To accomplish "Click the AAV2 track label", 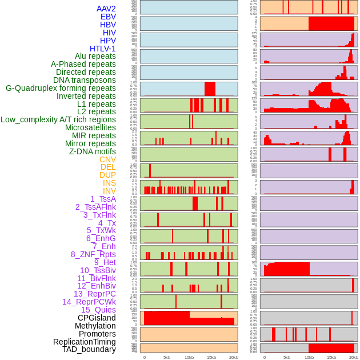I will click(x=106, y=9).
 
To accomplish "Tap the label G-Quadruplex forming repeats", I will click(x=61, y=89).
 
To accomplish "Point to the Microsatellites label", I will click(x=90, y=127).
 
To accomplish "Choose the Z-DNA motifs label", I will click(x=92, y=151).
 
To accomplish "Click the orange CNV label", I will click(x=107, y=159).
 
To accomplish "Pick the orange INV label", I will click(x=109, y=191).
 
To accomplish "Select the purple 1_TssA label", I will click(x=103, y=199).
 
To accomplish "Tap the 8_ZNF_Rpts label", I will click(x=93, y=254).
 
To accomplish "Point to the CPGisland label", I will click(x=97, y=318).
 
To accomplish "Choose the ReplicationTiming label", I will click(x=84, y=342).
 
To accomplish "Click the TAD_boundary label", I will click(x=89, y=349).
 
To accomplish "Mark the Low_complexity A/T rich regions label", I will click(x=58, y=119).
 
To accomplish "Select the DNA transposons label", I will click(x=85, y=80).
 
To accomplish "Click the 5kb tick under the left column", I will click(x=167, y=357).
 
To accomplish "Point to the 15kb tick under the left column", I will click(x=211, y=357).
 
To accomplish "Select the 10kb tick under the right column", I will click(x=309, y=357).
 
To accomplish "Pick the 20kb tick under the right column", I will click(x=354, y=357).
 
